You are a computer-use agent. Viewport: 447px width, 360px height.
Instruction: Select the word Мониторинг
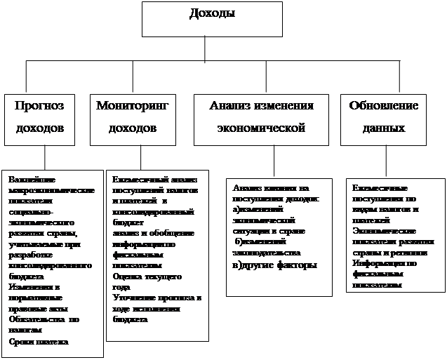(x=133, y=106)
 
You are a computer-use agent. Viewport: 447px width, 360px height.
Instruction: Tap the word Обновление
(x=384, y=106)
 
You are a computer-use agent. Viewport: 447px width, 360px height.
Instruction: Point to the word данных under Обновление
(x=384, y=129)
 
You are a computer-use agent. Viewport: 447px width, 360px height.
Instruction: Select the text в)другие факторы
(x=274, y=265)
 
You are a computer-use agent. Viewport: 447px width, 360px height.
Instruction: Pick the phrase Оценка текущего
(x=147, y=276)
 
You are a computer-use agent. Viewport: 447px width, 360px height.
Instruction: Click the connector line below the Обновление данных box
(x=385, y=161)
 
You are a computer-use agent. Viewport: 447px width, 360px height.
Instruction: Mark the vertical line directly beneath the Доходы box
(x=205, y=48)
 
